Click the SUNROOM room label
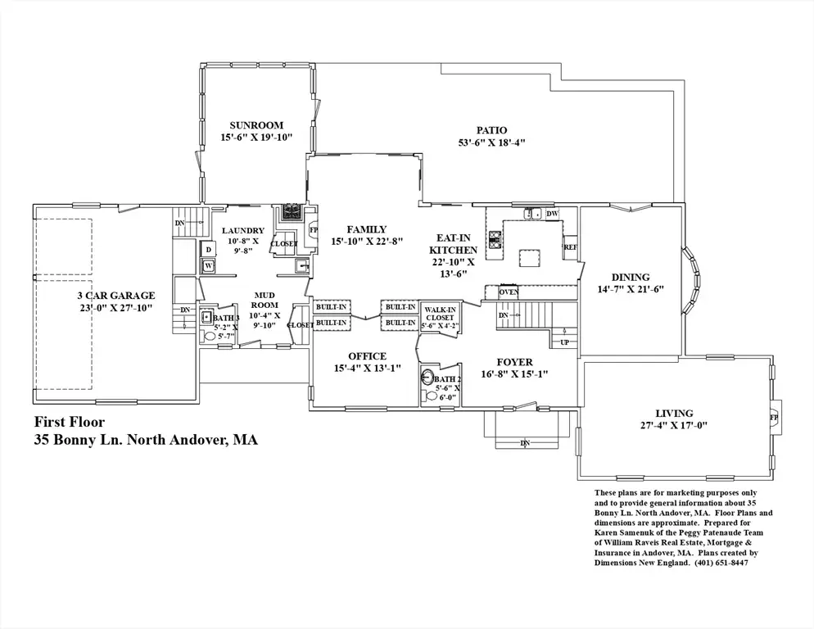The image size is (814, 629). tap(256, 125)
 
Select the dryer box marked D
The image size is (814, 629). tap(208, 250)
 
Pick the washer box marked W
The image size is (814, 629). tap(208, 266)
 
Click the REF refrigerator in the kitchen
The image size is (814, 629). tap(570, 247)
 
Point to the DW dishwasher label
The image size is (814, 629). tap(552, 214)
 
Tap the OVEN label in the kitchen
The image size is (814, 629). tap(509, 292)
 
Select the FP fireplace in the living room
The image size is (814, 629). tap(775, 418)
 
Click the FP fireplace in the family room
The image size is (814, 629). tap(313, 230)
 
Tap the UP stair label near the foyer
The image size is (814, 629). tap(564, 342)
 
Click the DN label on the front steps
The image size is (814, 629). tap(526, 443)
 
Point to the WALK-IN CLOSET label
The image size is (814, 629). tap(440, 314)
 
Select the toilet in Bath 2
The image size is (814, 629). tap(431, 396)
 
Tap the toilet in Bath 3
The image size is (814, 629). tap(209, 336)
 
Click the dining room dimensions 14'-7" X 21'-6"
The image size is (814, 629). tap(631, 290)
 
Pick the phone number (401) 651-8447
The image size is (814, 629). tap(721, 563)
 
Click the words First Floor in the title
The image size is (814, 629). tap(70, 423)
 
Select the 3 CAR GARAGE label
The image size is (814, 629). tap(116, 296)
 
